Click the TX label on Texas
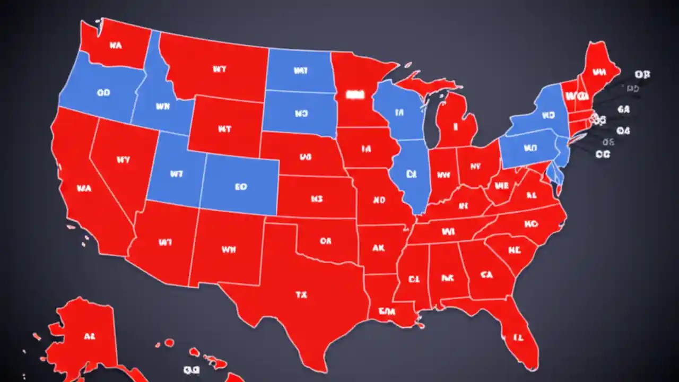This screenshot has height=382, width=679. click(x=301, y=295)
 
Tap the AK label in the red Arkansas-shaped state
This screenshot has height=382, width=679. click(x=378, y=248)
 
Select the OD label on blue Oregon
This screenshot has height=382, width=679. click(x=104, y=92)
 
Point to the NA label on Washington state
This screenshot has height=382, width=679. click(x=116, y=46)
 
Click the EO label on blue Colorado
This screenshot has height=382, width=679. click(x=240, y=187)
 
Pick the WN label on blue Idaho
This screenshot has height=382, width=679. click(x=163, y=106)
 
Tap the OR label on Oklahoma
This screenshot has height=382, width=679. click(x=325, y=241)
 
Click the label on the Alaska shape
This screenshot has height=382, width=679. click(x=90, y=336)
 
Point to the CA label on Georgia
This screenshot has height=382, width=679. click(x=486, y=274)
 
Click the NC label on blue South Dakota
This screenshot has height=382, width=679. click(x=301, y=114)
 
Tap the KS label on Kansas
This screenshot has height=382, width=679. click(x=317, y=199)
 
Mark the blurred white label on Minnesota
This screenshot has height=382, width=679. click(x=353, y=94)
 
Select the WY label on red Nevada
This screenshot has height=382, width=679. click(x=123, y=159)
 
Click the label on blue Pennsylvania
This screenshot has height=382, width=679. click(x=527, y=148)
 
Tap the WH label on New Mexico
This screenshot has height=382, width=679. click(x=229, y=248)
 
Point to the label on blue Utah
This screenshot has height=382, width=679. click(x=176, y=173)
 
